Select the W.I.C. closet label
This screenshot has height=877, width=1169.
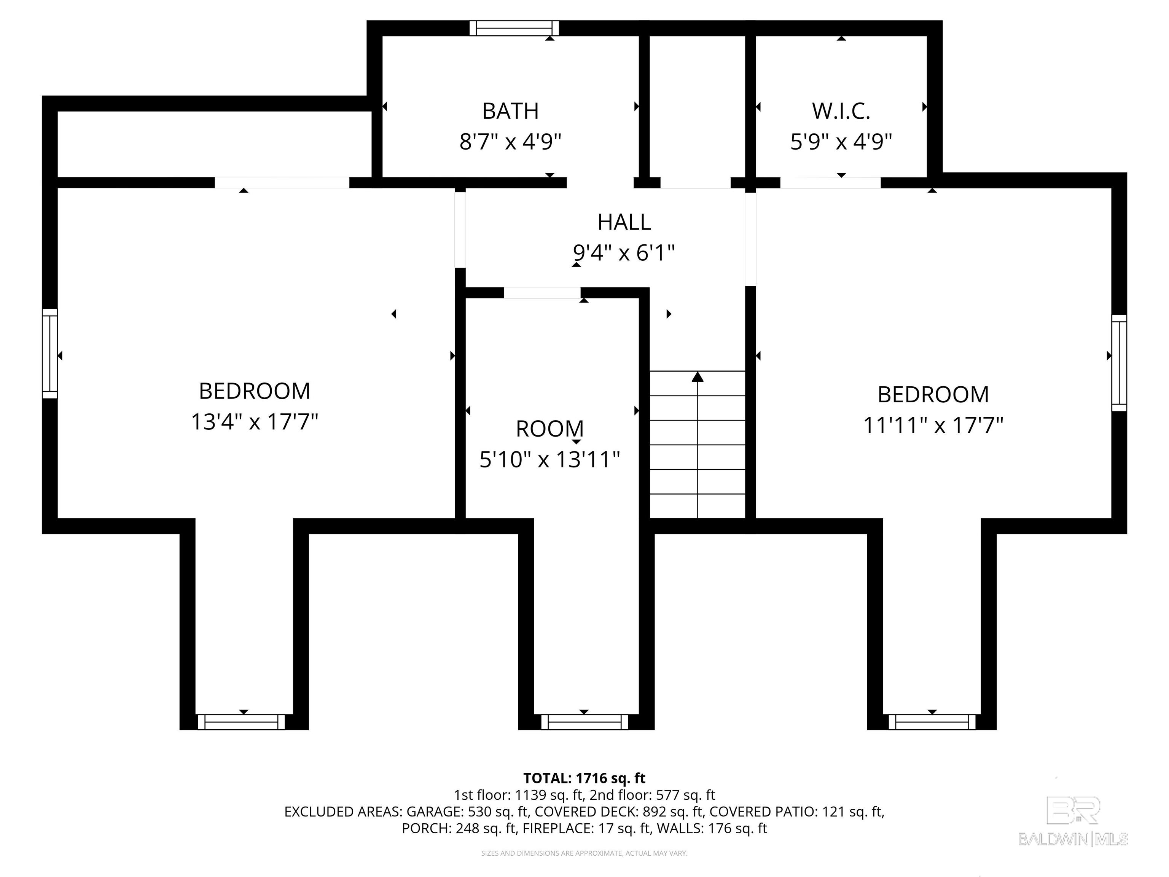click(x=841, y=111)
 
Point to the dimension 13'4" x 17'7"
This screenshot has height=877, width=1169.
click(x=254, y=422)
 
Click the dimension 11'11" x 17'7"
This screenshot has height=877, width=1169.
click(x=933, y=425)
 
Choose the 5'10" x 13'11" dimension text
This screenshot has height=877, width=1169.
click(x=549, y=459)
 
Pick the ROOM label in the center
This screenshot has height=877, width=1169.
click(x=549, y=429)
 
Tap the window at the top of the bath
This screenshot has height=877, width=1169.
click(x=514, y=28)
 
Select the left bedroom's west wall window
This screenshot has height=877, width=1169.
click(x=50, y=354)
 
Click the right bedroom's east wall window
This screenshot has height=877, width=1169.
click(x=1119, y=363)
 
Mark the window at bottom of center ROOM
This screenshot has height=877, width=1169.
click(x=584, y=722)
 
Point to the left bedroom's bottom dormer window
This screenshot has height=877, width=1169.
click(x=241, y=722)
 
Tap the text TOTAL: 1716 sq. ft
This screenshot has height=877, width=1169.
click(x=584, y=778)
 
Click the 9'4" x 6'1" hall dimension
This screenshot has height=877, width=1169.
click(x=624, y=253)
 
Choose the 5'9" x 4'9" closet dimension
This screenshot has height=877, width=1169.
click(x=841, y=142)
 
